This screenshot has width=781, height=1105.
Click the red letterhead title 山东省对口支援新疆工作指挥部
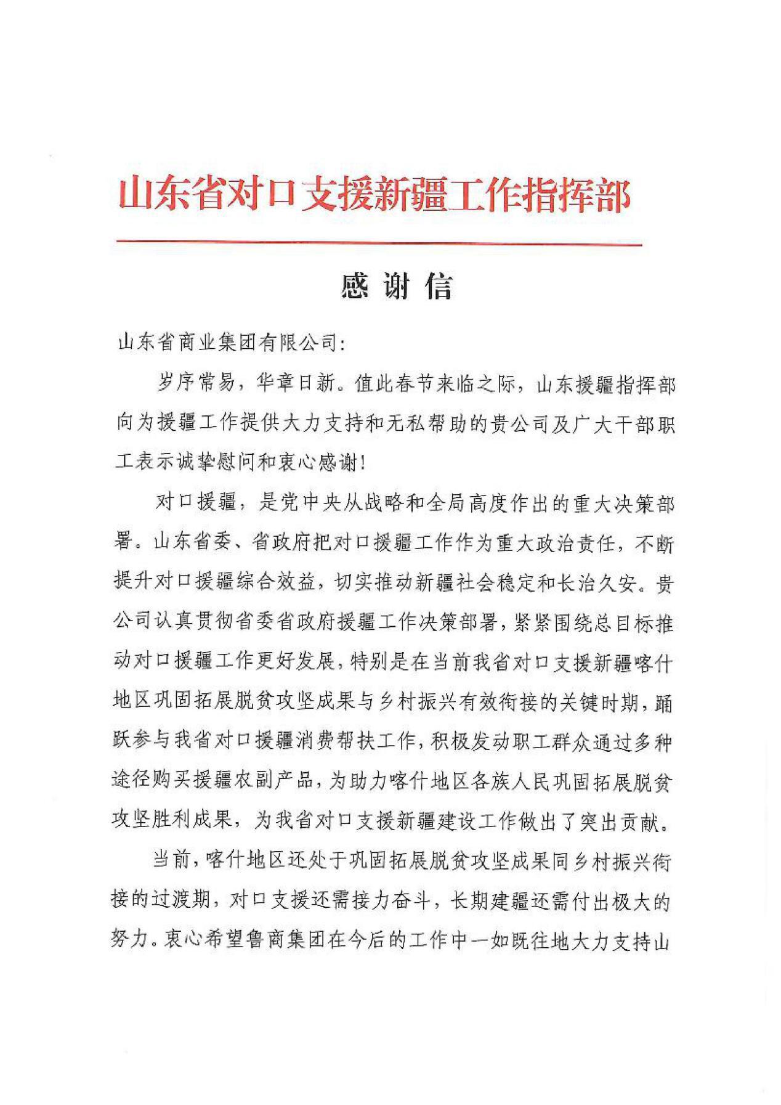tap(374, 194)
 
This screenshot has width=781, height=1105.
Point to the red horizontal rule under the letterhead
tap(378, 245)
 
